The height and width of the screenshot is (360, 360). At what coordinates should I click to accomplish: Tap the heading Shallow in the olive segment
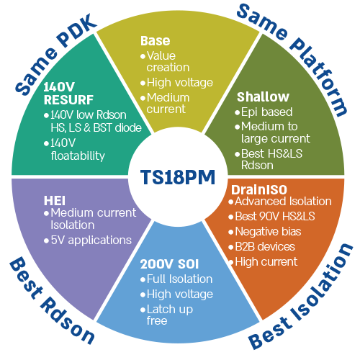263,97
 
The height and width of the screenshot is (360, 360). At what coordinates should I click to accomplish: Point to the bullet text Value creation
166,60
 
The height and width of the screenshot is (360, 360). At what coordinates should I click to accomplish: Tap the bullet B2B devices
265,246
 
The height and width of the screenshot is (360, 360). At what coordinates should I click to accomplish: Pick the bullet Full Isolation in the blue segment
179,279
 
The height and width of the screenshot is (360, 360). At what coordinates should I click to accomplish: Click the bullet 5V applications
90,240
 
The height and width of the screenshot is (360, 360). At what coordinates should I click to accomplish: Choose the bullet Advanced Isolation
281,201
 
